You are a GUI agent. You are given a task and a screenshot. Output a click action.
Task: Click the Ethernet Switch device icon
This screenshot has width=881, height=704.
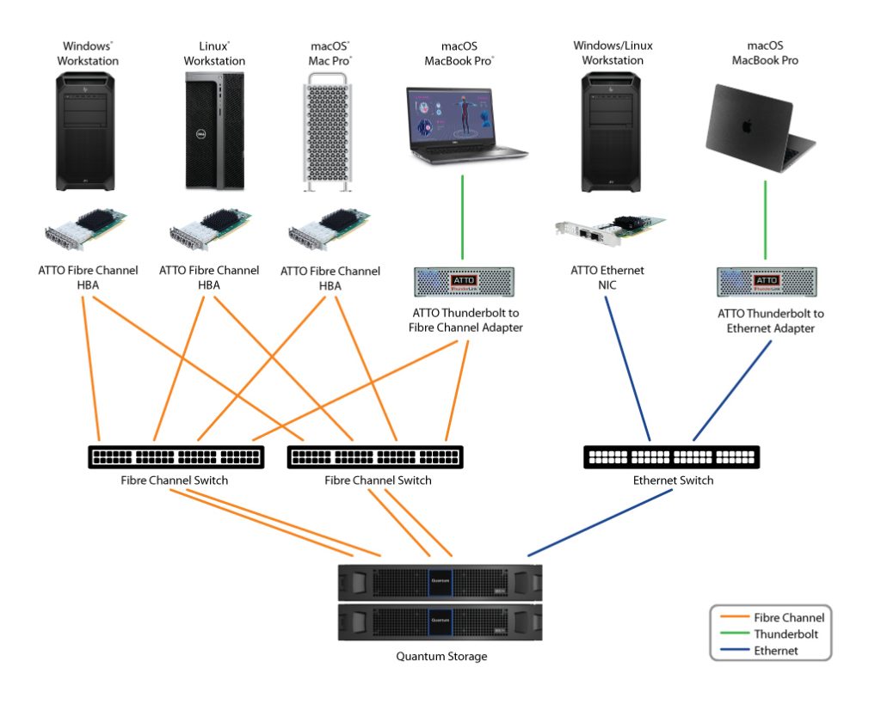671,456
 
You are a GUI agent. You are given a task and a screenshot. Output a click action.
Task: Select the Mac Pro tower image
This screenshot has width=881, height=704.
330,132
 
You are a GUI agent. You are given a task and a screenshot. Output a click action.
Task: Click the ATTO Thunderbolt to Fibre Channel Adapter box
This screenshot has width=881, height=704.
465,281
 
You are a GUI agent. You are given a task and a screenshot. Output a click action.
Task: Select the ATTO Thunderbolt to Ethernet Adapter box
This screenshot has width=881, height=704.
766,281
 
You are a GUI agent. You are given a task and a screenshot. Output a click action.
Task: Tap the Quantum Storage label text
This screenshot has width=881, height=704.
441,657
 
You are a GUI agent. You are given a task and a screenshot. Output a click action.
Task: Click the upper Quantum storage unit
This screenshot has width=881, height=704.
440,582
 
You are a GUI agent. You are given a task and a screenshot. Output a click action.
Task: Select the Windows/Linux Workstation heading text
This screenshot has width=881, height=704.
613,52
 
